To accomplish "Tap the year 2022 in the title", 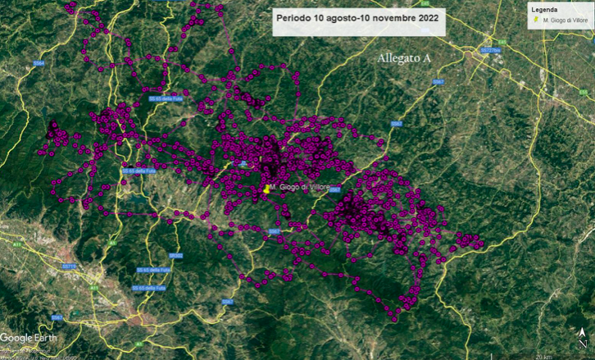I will tap(422, 17).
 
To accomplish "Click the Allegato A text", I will tap(404, 59).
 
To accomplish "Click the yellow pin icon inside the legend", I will tap(536, 20).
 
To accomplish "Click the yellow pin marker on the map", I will tap(267, 189).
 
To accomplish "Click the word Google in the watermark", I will tap(16, 338).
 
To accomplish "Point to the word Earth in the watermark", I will tap(45, 338).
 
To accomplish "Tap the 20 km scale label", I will tap(543, 356).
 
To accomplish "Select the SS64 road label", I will tap(39, 63).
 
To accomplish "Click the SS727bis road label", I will tap(490, 50).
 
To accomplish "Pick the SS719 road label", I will tap(69, 267).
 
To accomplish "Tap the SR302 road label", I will tap(176, 256).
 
